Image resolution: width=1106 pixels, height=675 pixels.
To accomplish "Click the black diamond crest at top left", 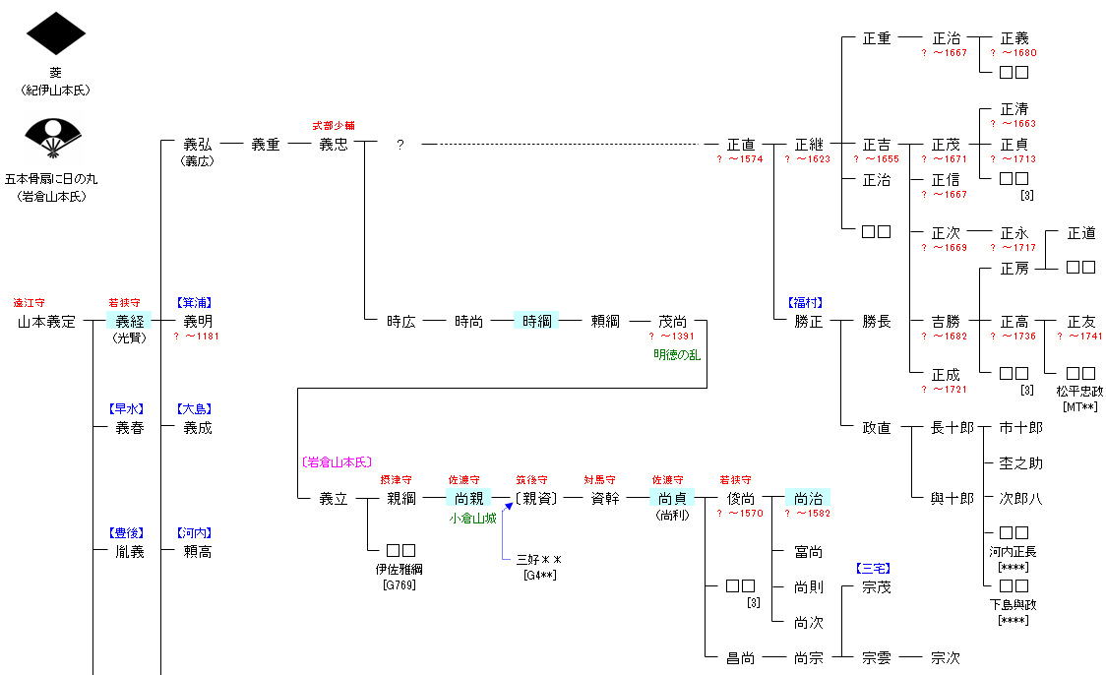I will (56, 33).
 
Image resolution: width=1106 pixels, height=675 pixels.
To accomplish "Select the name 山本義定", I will (46, 322).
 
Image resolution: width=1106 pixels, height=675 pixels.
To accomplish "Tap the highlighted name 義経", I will (129, 321).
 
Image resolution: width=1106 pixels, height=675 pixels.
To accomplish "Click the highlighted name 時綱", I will (536, 321).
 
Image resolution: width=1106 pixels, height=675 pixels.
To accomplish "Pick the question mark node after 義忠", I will (399, 145).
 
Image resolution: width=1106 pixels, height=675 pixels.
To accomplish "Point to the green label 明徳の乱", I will (677, 354).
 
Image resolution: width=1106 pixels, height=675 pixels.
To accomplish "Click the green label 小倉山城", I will (472, 518).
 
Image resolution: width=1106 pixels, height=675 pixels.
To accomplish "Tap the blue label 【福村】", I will (804, 303).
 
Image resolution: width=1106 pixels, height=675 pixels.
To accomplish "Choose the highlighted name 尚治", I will (808, 498).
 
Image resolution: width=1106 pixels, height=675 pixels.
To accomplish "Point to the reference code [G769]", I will (400, 585).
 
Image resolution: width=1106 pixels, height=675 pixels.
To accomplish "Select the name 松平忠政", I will (1080, 391).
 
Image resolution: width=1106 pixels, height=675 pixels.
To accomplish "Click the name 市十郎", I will (1020, 428).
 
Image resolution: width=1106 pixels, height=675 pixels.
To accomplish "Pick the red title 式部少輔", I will (333, 126).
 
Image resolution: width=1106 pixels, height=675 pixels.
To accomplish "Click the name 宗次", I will (945, 657).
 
